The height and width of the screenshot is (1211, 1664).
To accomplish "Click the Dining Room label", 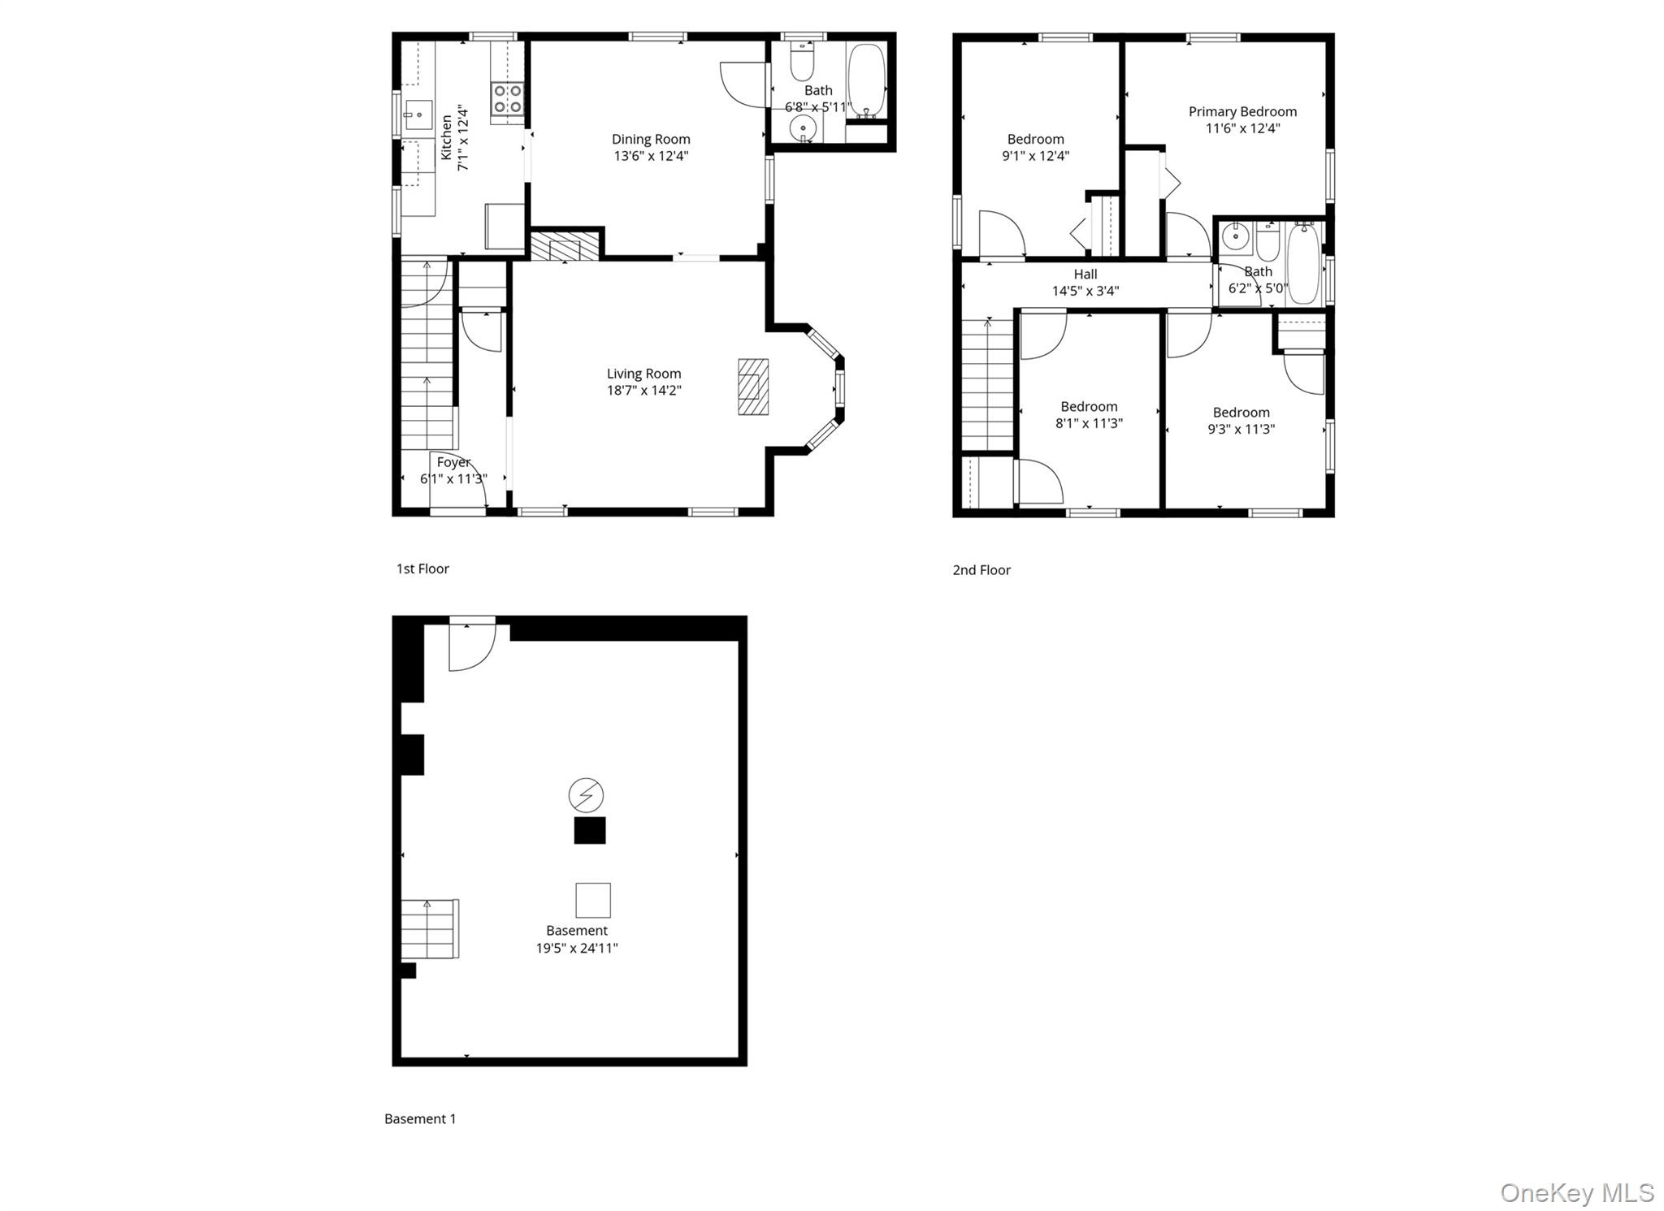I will [x=651, y=140].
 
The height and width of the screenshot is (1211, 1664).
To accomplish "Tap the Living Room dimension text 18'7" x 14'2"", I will [x=643, y=391].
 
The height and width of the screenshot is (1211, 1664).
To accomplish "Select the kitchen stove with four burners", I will [x=508, y=100].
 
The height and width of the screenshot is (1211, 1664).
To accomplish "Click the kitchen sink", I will [x=418, y=115].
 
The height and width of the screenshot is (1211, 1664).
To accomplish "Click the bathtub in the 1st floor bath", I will [x=866, y=80].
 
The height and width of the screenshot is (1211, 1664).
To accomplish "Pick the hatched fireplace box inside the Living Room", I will [x=752, y=387].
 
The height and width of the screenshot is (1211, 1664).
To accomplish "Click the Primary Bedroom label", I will [x=1242, y=112].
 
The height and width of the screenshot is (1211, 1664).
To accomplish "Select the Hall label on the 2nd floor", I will [x=1085, y=275].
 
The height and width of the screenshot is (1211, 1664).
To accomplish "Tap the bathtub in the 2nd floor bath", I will [x=1303, y=263].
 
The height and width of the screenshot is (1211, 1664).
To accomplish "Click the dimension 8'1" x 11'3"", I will [x=1089, y=423].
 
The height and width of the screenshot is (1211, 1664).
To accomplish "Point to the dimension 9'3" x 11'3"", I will [x=1241, y=429].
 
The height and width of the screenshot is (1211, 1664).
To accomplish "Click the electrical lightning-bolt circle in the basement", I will [x=585, y=795].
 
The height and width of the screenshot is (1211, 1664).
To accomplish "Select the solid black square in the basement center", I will [x=590, y=830].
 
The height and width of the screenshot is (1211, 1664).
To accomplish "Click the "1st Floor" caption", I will [x=422, y=569].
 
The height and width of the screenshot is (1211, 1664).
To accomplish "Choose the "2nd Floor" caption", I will [x=981, y=570].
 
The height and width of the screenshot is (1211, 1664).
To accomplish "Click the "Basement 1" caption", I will [x=420, y=1118].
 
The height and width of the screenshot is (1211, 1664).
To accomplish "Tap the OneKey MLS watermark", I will [x=1576, y=1192].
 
